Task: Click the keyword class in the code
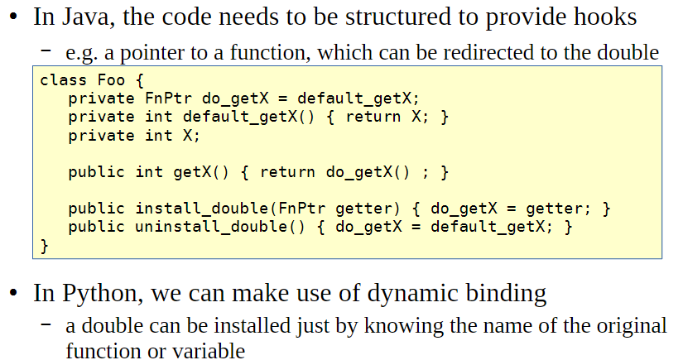click(63, 81)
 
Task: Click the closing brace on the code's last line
click(45, 245)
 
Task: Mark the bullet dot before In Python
click(13, 294)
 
